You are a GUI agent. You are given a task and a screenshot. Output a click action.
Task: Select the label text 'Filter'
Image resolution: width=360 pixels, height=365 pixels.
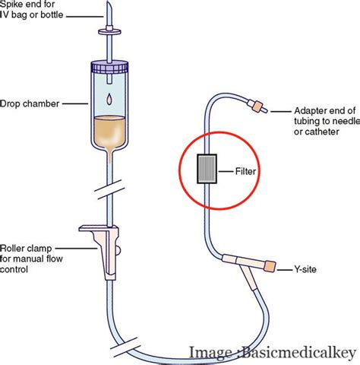[x=245, y=172]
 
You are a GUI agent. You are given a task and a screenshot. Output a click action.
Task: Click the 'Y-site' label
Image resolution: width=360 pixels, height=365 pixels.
[x=306, y=268]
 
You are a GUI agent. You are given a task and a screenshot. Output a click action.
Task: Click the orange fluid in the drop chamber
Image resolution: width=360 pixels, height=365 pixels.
[x=111, y=132]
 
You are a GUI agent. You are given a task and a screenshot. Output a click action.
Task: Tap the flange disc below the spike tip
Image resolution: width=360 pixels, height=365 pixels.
[x=110, y=33]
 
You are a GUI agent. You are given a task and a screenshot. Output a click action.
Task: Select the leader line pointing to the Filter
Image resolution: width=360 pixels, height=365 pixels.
[x=226, y=172]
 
